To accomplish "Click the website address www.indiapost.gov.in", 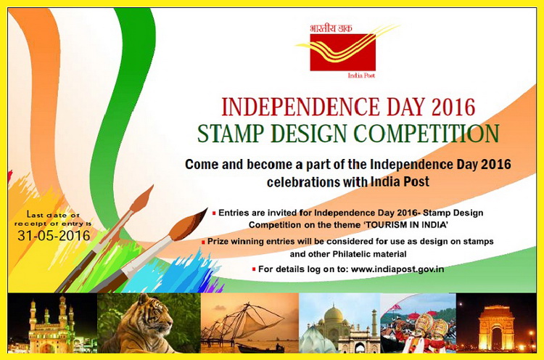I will point(397,269).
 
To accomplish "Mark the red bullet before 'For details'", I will point(253,269).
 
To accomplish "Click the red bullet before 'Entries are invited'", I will point(214,213).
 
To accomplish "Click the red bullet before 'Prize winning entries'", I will point(203,241).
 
